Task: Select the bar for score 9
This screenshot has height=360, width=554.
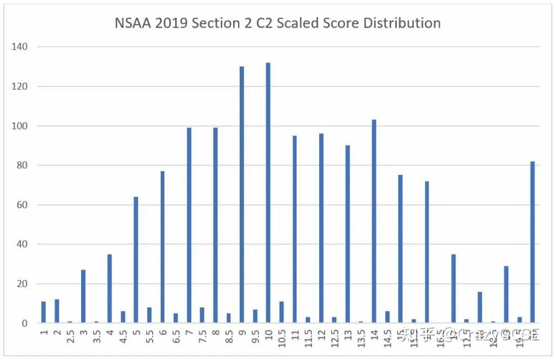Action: tap(241, 195)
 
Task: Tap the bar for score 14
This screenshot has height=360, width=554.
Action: tap(374, 222)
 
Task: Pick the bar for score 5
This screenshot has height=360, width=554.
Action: tap(136, 260)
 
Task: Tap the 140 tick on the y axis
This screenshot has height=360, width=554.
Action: tap(21, 47)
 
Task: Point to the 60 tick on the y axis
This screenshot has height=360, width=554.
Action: tap(23, 205)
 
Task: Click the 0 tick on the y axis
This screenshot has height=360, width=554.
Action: tap(25, 323)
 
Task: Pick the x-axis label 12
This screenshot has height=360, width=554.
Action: tap(321, 334)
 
